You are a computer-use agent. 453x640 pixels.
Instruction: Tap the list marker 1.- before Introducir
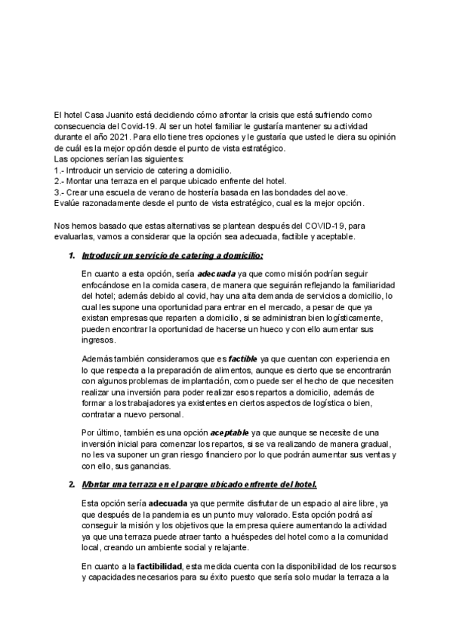60,171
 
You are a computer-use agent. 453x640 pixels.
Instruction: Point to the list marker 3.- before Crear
60,192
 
